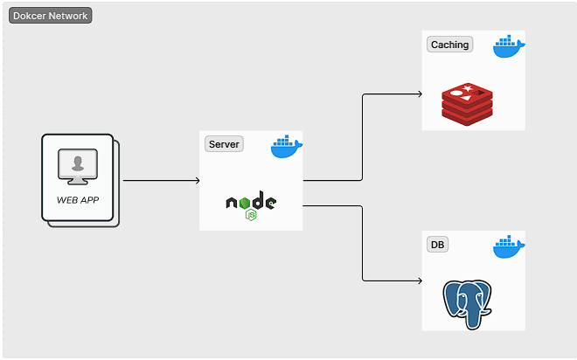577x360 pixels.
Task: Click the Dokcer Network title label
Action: [x=50, y=16]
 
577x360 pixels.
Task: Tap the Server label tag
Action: [x=224, y=144]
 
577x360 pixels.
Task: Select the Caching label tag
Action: [x=449, y=45]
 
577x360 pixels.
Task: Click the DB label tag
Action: [x=437, y=245]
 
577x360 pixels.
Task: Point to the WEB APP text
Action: [x=79, y=199]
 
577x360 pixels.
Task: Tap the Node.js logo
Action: [x=251, y=204]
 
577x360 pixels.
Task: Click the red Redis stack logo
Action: [x=467, y=102]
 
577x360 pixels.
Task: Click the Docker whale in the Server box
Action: [x=286, y=148]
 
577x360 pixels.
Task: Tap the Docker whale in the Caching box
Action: [x=509, y=47]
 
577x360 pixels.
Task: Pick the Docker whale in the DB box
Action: [x=509, y=247]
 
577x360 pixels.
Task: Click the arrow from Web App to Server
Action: [x=161, y=181]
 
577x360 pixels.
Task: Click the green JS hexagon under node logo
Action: [x=251, y=214]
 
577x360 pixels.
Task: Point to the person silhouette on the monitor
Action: [x=79, y=163]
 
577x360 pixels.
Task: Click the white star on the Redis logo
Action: [x=468, y=88]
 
